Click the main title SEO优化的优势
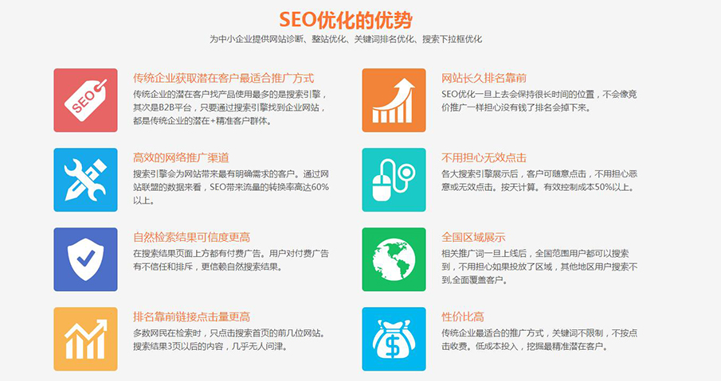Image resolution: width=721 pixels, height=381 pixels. [346, 18]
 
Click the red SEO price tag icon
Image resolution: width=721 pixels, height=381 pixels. [85, 100]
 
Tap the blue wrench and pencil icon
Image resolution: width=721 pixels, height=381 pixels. [85, 180]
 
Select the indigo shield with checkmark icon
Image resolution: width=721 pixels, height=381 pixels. [85, 259]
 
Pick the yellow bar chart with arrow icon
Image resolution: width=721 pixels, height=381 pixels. [85, 339]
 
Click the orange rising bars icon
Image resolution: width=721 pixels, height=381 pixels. [394, 100]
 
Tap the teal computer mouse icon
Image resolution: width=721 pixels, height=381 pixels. [394, 180]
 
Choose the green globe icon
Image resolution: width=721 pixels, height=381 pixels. [394, 259]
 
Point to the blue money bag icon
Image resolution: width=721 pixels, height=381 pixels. [394, 339]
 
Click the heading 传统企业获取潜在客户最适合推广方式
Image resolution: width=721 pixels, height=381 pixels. [223, 78]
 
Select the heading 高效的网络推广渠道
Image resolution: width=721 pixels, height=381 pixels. [181, 157]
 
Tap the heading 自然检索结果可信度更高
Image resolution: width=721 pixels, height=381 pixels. [192, 237]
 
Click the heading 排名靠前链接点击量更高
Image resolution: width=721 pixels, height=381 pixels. [192, 317]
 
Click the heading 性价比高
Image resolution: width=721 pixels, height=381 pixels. [463, 317]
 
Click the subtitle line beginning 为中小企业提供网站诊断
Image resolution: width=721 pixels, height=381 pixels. [346, 39]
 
